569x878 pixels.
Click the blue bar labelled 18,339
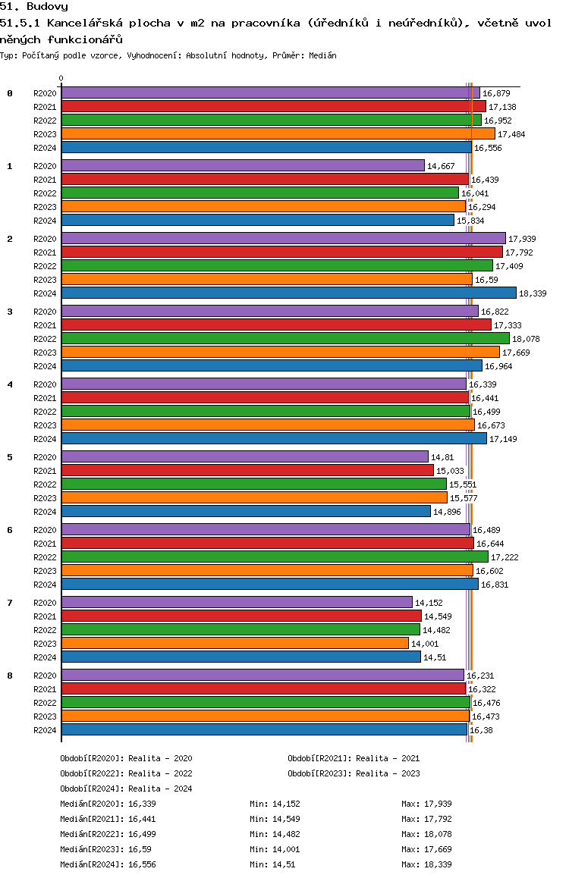coord(289,293)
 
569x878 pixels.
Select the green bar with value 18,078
coord(285,338)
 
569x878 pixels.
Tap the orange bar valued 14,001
coord(235,644)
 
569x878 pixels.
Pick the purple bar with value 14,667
coord(243,166)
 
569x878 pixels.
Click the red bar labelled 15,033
coord(247,470)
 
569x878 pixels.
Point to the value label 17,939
coord(522,239)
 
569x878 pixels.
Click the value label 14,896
coord(447,512)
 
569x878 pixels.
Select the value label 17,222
coord(505,557)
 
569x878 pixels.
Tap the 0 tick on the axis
coord(61,78)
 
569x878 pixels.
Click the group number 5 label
coord(10,457)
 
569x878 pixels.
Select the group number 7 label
coord(10,603)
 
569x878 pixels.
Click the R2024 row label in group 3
coord(45,366)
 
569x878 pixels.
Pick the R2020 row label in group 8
coord(45,676)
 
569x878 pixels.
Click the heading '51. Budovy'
coord(34,7)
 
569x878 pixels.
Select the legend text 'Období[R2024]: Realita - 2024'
coord(126,789)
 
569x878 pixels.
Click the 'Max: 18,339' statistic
coord(426,864)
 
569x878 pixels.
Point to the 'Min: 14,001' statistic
coord(275,849)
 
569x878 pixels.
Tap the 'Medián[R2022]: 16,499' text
coord(108,834)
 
